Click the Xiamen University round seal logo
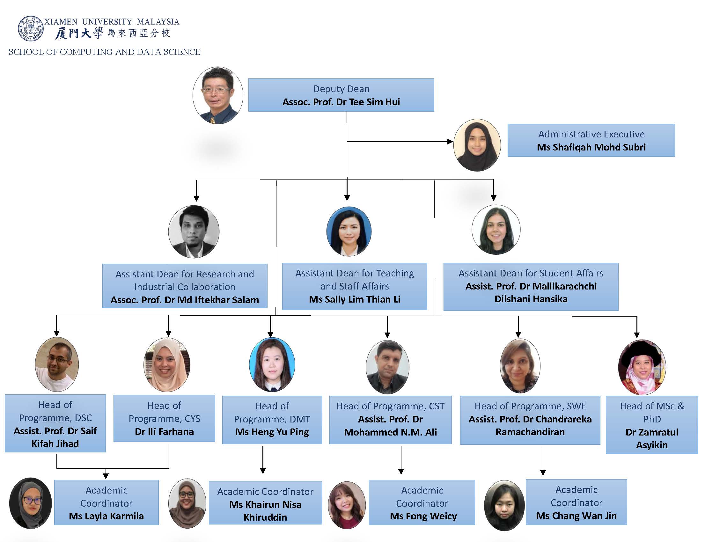[30, 28]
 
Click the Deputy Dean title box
[341, 95]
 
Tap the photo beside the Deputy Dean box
[218, 96]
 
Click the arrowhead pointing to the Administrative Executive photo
[450, 141]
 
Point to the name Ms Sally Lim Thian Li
[354, 299]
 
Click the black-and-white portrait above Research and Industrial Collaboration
[194, 231]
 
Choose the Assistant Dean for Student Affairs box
[531, 287]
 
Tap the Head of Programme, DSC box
[55, 423]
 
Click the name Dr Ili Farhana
[164, 432]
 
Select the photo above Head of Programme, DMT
[272, 364]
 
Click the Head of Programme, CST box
[390, 419]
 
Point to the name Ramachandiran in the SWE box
[530, 432]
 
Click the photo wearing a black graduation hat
[642, 367]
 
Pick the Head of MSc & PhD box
[651, 425]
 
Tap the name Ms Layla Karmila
[106, 516]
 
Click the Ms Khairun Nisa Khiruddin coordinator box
[265, 503]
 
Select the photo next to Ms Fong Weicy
[347, 505]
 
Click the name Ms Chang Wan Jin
[576, 516]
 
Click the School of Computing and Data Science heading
[105, 52]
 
